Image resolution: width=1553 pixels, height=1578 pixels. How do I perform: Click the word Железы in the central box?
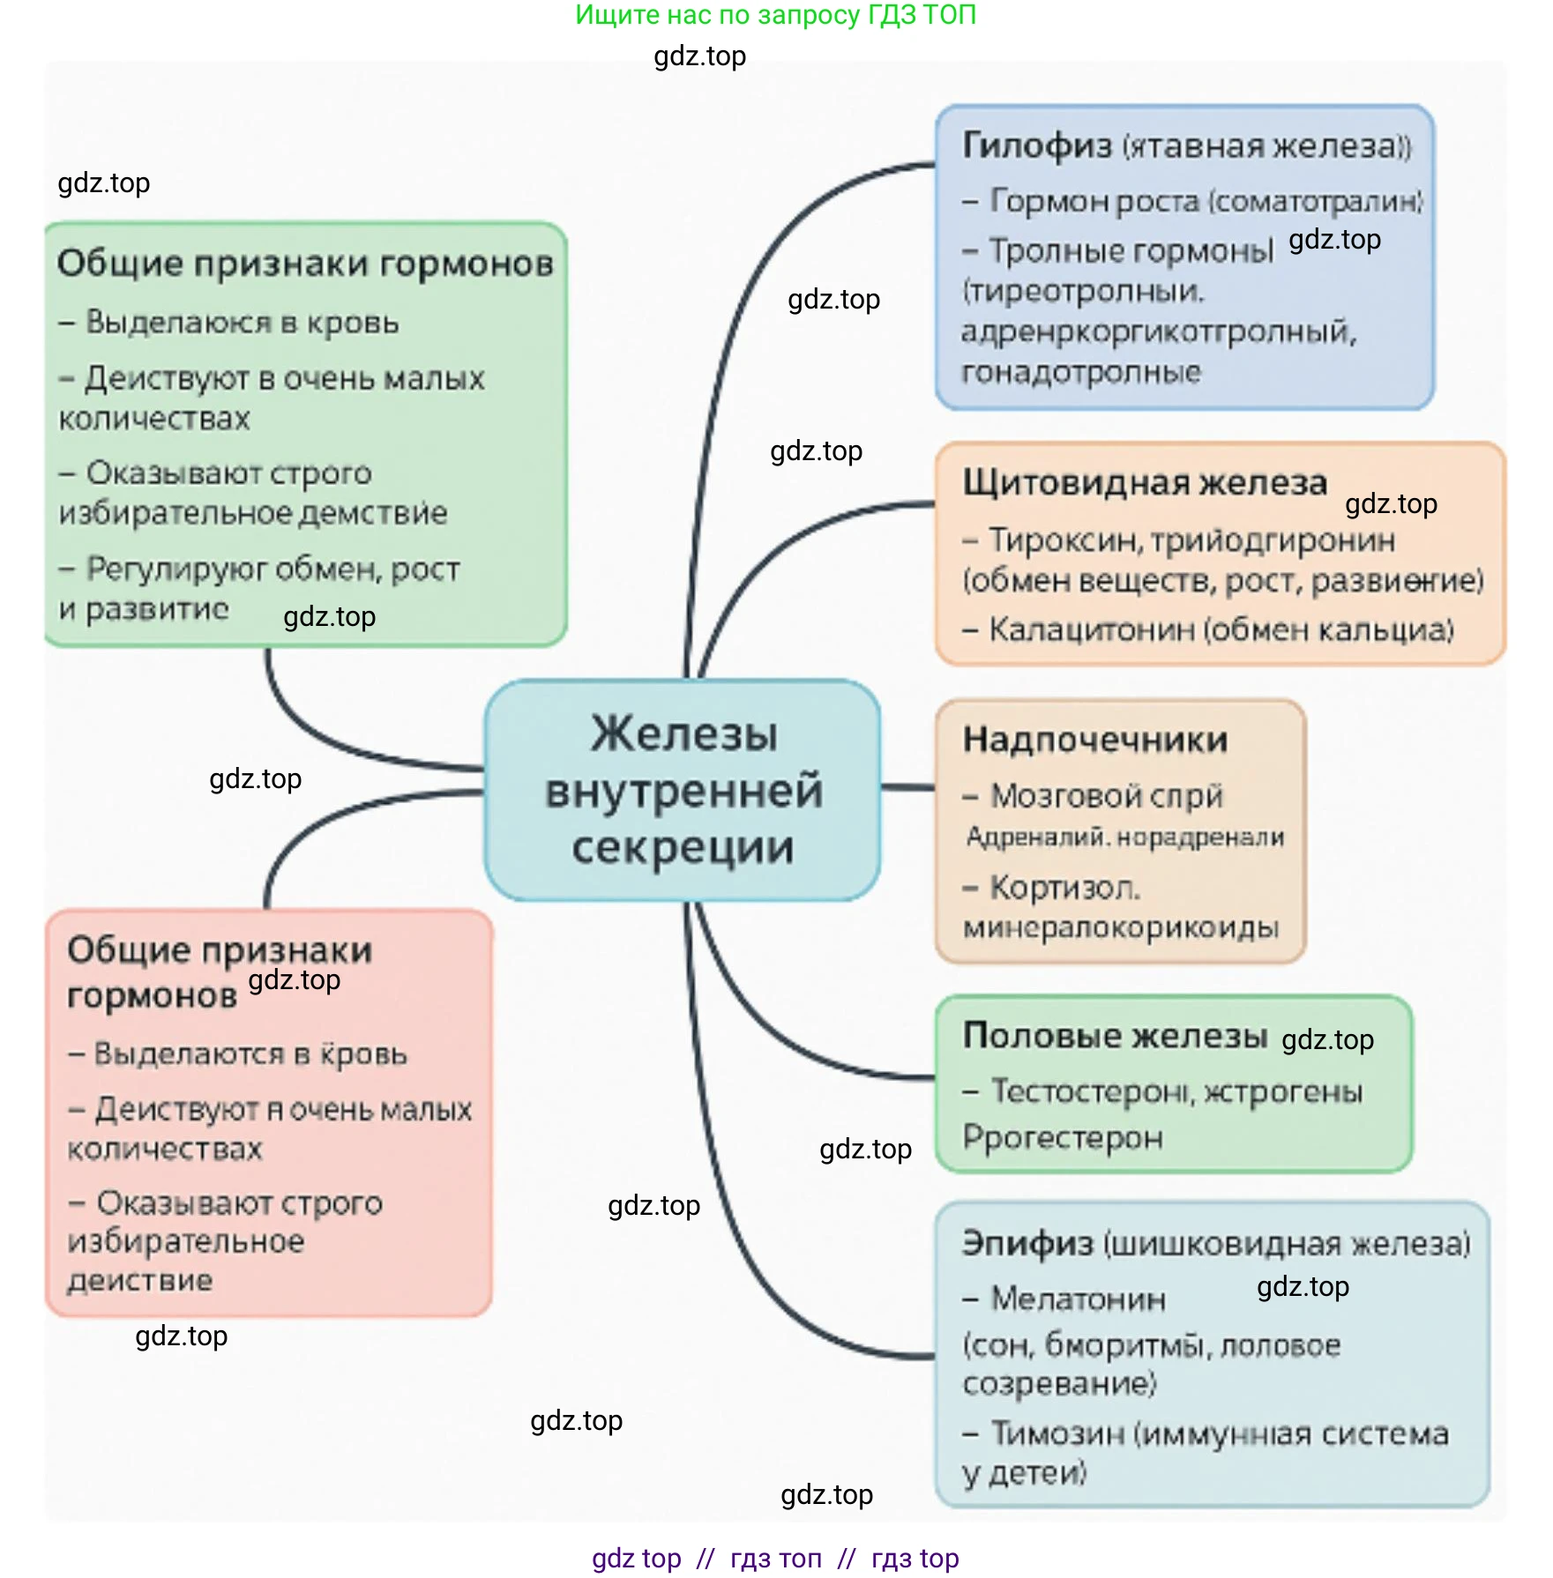pyautogui.click(x=684, y=733)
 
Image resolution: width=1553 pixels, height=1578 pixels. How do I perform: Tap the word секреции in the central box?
pyautogui.click(x=683, y=847)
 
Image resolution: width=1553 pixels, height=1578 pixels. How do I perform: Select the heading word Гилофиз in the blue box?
pyautogui.click(x=1036, y=145)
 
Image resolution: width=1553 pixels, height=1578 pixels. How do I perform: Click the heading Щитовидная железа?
pyautogui.click(x=1144, y=482)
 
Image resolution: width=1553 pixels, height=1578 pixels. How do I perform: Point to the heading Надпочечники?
pyautogui.click(x=1094, y=740)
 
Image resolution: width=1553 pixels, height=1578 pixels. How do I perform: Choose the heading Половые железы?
pyautogui.click(x=1115, y=1035)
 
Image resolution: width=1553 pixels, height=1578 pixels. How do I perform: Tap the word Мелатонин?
pyautogui.click(x=1078, y=1299)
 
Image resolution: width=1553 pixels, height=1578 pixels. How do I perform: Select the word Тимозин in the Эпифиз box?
pyautogui.click(x=1057, y=1433)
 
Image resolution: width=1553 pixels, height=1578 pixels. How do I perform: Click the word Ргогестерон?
pyautogui.click(x=1063, y=1137)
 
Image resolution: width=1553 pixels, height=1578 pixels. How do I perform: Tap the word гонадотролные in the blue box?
pyautogui.click(x=1080, y=372)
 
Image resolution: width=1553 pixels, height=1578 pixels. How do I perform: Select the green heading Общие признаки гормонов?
pyautogui.click(x=305, y=264)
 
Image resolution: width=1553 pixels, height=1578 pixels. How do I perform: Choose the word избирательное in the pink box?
pyautogui.click(x=186, y=1241)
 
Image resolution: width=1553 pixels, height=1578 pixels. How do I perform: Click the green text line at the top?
pyautogui.click(x=775, y=15)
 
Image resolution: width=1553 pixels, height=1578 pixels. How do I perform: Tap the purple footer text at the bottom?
pyautogui.click(x=775, y=1558)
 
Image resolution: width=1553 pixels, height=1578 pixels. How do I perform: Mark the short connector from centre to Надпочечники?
pyautogui.click(x=907, y=786)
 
